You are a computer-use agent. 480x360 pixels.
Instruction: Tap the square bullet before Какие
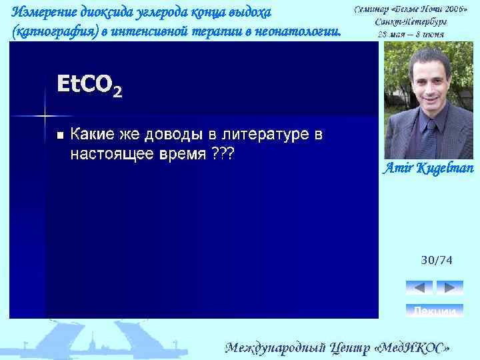60,135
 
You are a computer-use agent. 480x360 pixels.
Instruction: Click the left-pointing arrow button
419,287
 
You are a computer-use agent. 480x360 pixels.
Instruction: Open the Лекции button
435,311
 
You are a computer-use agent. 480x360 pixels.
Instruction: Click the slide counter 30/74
436,261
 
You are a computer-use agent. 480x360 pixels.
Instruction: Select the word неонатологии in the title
304,31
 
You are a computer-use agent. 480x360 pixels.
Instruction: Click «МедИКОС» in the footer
413,348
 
